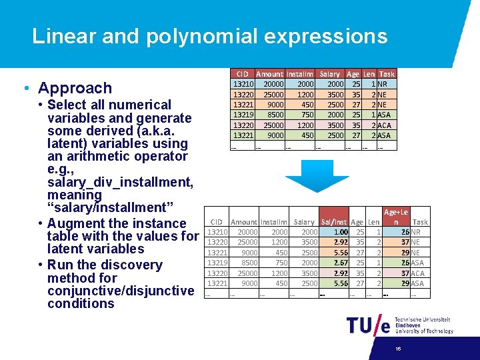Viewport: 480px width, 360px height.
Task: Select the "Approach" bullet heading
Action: click(x=75, y=88)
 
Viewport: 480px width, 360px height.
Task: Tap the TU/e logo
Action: click(x=367, y=325)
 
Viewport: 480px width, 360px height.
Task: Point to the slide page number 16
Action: click(x=397, y=349)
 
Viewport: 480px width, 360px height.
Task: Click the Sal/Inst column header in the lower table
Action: click(x=333, y=222)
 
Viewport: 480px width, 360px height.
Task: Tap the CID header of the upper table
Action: click(x=242, y=74)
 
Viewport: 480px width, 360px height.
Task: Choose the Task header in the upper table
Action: click(x=387, y=74)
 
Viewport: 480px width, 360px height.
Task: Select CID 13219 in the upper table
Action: click(x=241, y=115)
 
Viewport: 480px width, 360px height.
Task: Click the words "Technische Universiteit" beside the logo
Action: click(x=422, y=320)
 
